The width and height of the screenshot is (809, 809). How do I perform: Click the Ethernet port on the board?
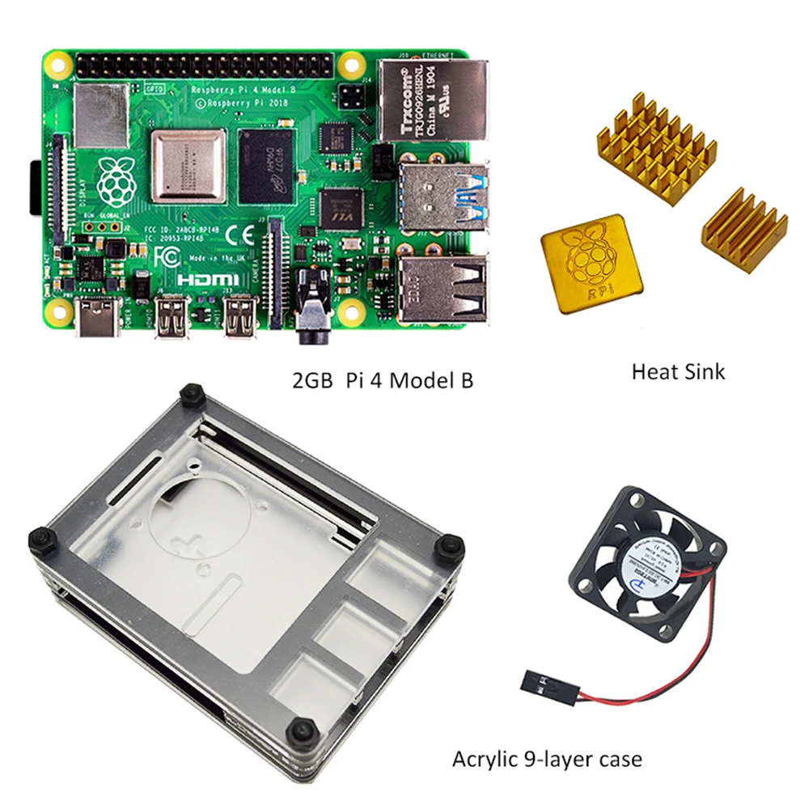[433, 101]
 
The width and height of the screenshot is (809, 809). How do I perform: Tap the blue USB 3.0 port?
[444, 198]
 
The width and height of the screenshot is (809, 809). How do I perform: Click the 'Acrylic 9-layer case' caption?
[547, 759]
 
